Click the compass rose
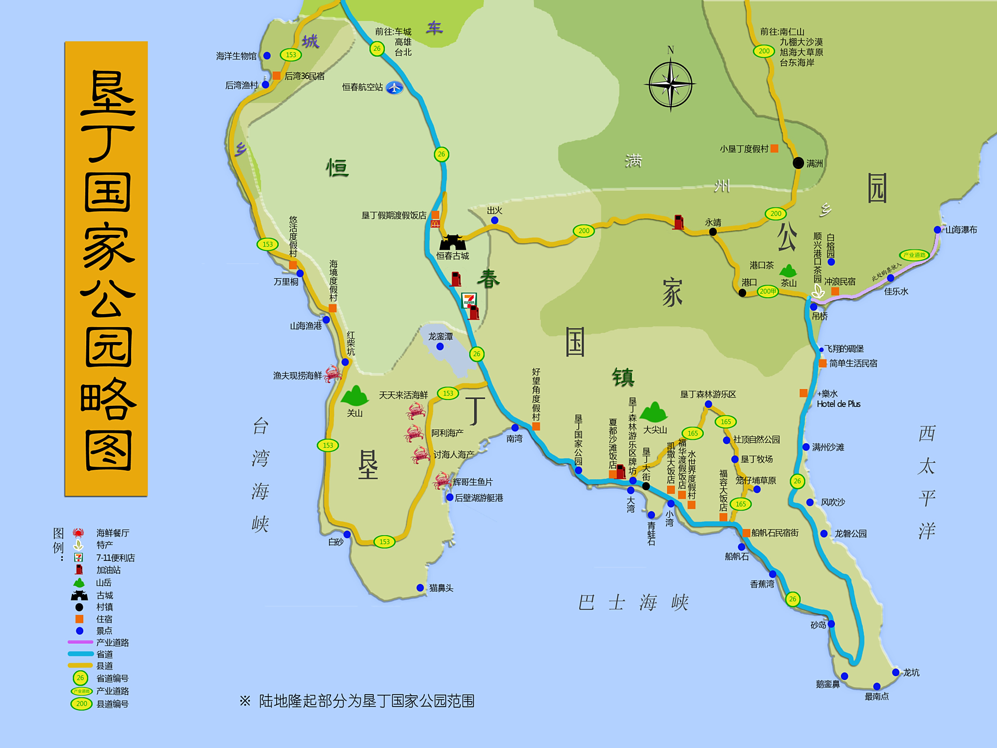670,84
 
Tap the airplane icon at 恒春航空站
394,88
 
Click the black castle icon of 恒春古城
452,243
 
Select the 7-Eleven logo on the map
469,300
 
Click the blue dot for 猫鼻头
420,588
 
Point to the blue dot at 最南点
877,687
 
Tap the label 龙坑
911,673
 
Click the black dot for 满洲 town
798,163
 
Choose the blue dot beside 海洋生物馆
267,56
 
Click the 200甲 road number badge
768,291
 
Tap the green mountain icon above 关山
354,396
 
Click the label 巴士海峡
633,602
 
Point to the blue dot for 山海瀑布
937,230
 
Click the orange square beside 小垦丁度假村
774,148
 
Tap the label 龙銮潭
440,337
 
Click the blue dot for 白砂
347,535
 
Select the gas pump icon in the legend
79,569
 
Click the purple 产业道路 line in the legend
80,642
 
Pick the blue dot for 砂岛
831,624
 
